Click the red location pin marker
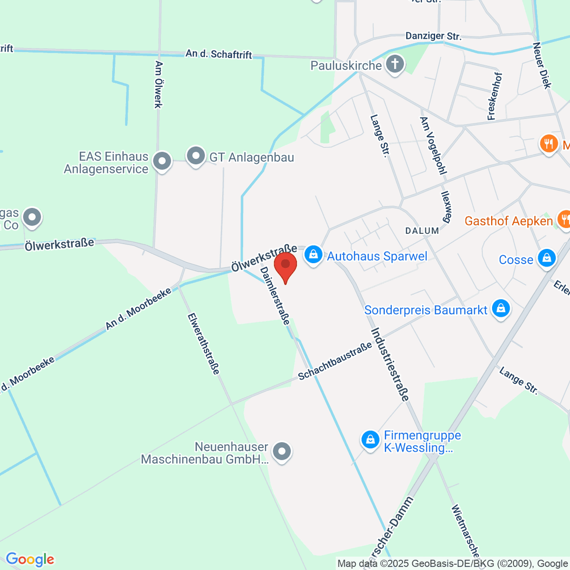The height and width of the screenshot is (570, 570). pos(285,266)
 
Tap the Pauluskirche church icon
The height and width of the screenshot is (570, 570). pos(394,64)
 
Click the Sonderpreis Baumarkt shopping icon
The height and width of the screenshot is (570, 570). pos(501,309)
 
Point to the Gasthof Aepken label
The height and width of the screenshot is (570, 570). pos(508,221)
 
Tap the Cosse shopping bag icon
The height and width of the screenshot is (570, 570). pos(546,258)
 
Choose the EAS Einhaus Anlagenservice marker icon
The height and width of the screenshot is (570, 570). pos(162,161)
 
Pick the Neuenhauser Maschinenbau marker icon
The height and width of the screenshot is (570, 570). pos(282,451)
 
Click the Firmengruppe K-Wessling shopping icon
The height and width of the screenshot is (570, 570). pos(370,439)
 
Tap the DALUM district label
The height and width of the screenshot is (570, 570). pos(422,231)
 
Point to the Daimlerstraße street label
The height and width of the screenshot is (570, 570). pos(275,295)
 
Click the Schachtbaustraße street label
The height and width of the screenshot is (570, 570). pos(335,361)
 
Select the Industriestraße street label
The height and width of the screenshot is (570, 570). pos(389,364)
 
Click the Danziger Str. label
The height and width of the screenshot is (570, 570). pos(433,36)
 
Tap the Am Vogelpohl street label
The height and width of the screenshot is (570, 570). pos(433,145)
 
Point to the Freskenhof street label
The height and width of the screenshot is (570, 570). pos(494,96)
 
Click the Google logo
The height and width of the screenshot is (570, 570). pos(30,560)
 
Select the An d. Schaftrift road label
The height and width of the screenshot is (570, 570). pos(218,54)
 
